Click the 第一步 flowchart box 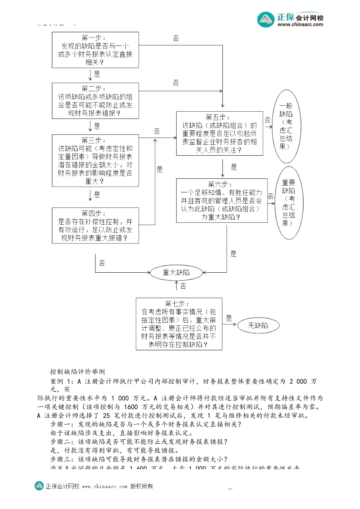click(95, 50)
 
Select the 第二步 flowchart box click(95, 101)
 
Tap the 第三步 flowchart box click(95, 161)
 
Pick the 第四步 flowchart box click(95, 225)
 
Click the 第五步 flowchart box click(219, 133)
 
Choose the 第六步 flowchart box click(222, 200)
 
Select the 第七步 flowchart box click(179, 324)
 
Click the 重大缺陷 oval click(176, 272)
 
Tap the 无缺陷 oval click(258, 325)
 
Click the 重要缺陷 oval click(289, 203)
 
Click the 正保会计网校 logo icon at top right click(266, 20)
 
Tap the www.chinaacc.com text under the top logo click(300, 25)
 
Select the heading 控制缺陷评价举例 click(78, 372)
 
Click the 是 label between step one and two click(97, 74)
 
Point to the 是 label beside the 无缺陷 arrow click(229, 319)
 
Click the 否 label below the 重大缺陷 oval click(183, 286)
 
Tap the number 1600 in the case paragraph click(131, 407)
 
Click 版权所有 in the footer click(142, 486)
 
